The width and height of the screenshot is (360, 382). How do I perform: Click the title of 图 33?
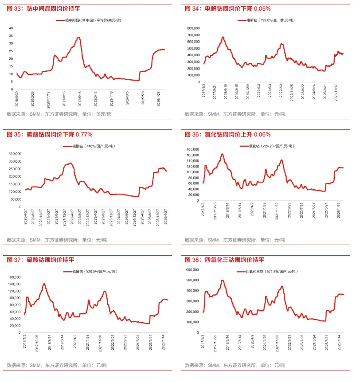[43, 9]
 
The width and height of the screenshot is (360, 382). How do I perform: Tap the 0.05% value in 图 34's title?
[262, 9]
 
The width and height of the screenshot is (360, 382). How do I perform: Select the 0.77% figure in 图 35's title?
[84, 134]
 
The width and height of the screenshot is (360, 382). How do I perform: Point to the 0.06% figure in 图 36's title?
[262, 134]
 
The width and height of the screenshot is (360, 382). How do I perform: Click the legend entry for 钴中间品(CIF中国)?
[93, 20]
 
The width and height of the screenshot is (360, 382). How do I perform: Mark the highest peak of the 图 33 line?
[78, 37]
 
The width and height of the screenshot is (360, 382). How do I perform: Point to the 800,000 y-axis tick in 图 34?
[194, 28]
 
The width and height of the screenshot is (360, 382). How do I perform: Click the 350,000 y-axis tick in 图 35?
[15, 154]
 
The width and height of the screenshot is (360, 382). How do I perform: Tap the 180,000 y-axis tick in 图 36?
[193, 149]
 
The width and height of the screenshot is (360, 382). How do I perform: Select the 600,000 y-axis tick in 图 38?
[192, 270]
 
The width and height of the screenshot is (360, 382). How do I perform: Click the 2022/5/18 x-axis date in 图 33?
[80, 99]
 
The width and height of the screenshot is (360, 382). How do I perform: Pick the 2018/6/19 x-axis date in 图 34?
[226, 92]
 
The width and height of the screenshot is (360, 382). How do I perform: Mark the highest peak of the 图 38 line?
[222, 281]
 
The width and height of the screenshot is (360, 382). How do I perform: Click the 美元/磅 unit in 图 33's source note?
[104, 114]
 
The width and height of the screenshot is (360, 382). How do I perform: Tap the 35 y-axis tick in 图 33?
[11, 36]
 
